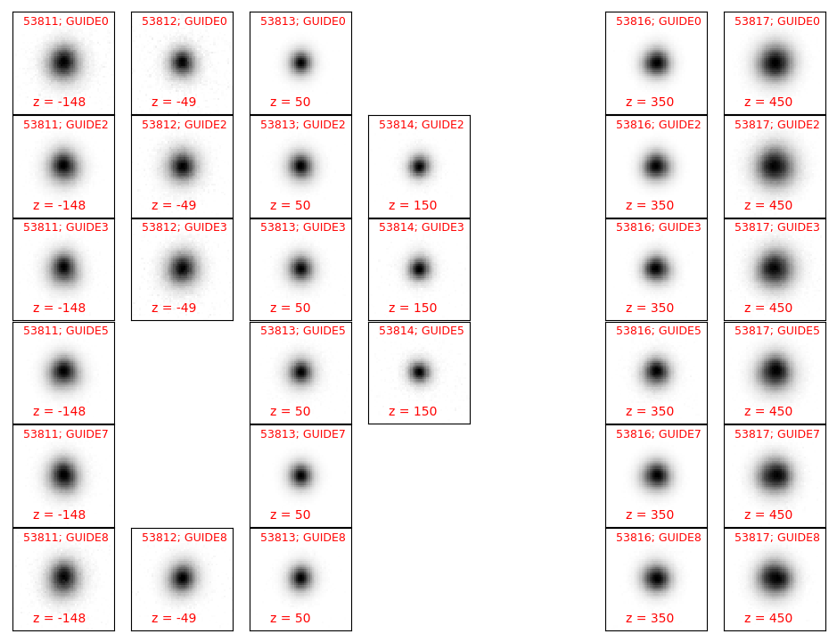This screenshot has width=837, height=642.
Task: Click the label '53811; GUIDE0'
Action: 66,21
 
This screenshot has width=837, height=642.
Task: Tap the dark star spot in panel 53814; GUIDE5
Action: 419,371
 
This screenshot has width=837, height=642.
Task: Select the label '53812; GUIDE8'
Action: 185,538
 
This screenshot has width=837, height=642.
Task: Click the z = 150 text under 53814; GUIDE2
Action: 413,205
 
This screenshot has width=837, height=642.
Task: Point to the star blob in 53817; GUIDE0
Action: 775,63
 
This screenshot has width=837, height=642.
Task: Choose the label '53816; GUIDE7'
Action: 658,433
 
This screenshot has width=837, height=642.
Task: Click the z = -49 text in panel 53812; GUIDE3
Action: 174,308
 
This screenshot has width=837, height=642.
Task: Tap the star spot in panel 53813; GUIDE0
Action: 300,62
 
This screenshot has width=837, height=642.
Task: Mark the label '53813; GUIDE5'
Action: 303,331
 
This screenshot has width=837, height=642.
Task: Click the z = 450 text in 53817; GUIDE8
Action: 768,618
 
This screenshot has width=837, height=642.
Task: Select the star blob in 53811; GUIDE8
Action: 63,578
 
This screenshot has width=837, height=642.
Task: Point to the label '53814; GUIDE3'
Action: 421,227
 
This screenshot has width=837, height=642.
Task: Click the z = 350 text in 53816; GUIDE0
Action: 650,102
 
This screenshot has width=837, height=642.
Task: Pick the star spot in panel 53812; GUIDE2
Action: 182,166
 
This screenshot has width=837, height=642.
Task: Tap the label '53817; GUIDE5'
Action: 776,331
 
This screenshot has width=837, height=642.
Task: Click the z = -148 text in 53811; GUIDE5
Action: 59,411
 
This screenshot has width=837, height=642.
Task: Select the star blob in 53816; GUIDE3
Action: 656,267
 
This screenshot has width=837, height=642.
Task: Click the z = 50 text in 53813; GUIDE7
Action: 291,514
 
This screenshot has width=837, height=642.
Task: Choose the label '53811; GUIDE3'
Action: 66,227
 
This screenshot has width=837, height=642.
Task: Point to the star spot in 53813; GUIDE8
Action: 300,578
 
